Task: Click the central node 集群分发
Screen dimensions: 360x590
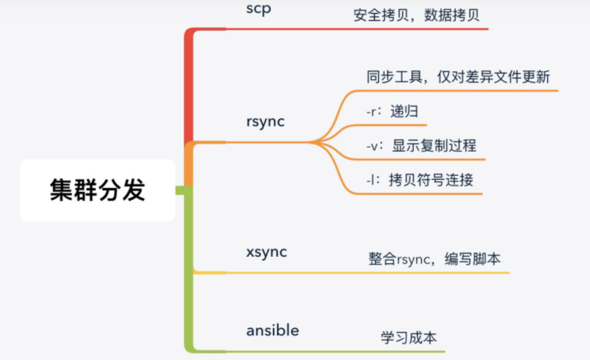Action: coord(97,190)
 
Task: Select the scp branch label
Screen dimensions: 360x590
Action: coord(259,9)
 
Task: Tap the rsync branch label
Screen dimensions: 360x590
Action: coord(265,121)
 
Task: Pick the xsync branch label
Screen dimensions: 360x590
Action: coord(267,252)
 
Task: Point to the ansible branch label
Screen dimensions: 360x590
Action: coord(273,330)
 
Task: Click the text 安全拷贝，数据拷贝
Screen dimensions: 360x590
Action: coord(416,15)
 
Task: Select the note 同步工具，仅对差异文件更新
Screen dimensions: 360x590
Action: coord(458,77)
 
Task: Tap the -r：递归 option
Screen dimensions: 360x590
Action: coord(392,111)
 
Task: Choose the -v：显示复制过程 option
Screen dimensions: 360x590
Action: coord(421,146)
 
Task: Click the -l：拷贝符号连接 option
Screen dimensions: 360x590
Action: coord(420,180)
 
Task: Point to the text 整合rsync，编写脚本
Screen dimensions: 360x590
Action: coord(434,259)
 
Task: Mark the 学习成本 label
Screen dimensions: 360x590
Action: coord(409,338)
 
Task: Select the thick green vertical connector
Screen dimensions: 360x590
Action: coord(189,264)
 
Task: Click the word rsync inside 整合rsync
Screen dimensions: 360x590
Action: coord(413,260)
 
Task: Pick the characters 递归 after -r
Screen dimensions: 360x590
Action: coord(404,111)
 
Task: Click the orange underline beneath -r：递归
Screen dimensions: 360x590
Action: coord(390,125)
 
